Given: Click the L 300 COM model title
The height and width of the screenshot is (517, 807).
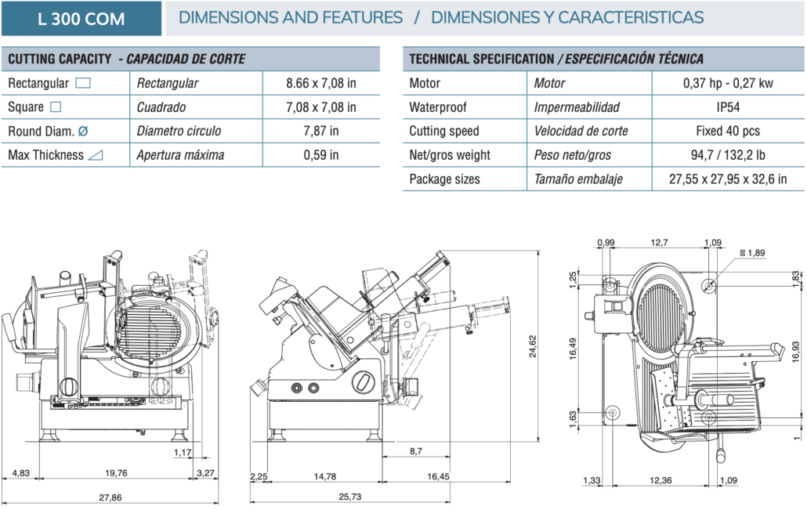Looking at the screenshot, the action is [81, 19].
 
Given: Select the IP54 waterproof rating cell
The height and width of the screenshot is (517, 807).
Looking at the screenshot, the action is [728, 107].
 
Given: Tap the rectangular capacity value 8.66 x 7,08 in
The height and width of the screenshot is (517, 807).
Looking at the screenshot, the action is [321, 83].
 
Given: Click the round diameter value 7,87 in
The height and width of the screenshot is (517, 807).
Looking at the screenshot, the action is [321, 131].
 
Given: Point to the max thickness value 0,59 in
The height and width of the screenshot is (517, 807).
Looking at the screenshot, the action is [321, 155].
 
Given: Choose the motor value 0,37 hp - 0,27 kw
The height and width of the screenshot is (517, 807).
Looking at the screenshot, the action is [728, 83].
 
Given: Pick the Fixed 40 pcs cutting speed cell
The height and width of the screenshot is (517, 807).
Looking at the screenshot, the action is [728, 131].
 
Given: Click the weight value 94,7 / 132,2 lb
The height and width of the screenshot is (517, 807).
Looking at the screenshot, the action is [728, 155].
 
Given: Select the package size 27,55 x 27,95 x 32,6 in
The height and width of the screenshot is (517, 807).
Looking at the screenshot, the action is [728, 179].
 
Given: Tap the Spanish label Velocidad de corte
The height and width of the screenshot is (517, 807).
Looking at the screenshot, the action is [581, 131].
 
